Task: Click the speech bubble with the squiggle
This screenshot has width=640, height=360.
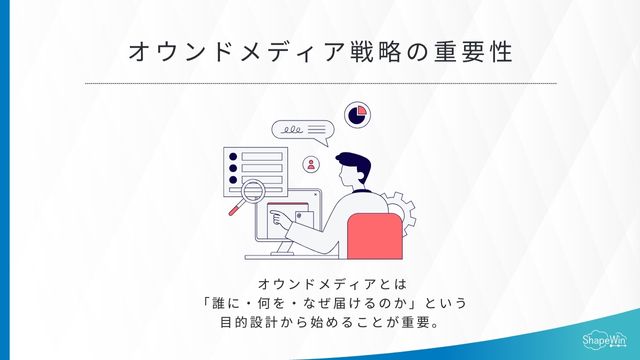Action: click(301, 131)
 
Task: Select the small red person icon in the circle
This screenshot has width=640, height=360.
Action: click(312, 164)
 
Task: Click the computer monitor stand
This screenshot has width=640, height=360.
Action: click(288, 246)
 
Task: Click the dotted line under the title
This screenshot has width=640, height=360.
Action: click(320, 83)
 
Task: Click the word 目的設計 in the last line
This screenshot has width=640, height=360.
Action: click(246, 324)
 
